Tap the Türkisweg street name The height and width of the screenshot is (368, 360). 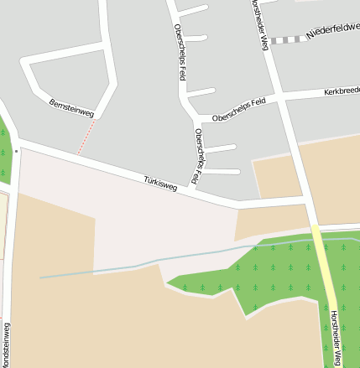coord(160,184)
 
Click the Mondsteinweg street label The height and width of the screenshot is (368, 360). coord(6,344)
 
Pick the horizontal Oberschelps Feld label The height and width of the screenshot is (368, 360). coord(239,108)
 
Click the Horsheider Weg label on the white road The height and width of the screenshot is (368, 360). coord(258,23)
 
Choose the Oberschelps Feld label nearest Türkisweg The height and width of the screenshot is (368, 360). coord(200,156)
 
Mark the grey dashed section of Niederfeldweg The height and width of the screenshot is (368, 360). coord(287,39)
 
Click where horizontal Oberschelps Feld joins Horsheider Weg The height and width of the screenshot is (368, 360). coord(282,99)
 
